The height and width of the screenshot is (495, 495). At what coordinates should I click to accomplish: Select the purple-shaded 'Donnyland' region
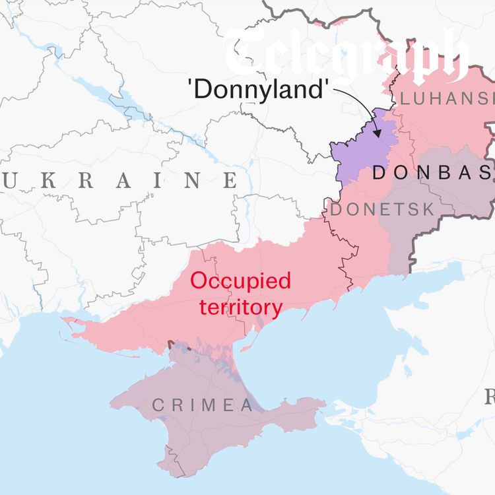click(360, 148)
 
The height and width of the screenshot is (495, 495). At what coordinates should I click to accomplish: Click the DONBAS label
click(432, 173)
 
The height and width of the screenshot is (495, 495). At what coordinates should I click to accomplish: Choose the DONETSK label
click(383, 210)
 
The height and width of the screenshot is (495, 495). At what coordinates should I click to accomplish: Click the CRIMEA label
click(203, 405)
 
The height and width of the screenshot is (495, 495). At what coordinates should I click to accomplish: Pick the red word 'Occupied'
click(240, 281)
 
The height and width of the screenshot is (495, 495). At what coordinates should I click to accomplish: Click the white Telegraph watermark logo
click(346, 56)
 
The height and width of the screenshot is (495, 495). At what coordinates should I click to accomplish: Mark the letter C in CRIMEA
click(158, 405)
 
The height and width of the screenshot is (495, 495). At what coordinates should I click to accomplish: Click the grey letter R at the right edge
click(490, 397)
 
